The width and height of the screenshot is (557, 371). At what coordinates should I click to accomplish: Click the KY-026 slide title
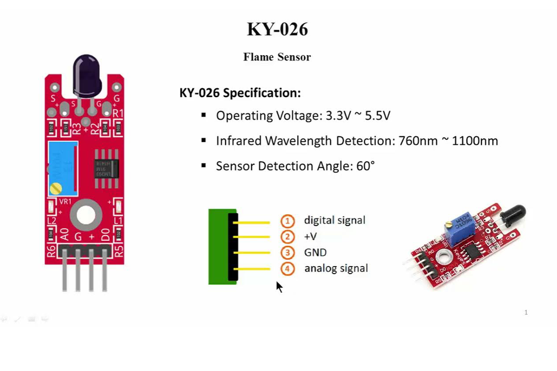pos(277,29)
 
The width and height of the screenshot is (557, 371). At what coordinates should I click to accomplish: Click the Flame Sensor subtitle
pos(277,57)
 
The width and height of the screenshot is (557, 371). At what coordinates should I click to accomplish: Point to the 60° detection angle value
pos(365,166)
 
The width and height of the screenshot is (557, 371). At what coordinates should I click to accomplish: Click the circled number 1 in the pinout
pos(287,221)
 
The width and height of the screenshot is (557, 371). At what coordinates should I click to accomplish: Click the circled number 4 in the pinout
pos(287,269)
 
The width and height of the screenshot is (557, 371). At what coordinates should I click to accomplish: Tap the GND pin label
pos(315,252)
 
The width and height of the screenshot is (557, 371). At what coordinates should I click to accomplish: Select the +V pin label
pos(310,237)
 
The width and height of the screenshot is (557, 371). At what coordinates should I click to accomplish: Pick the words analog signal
pos(336,268)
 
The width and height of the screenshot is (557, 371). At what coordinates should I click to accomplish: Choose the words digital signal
pos(335,220)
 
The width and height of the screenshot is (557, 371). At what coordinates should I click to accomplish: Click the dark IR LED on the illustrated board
pos(87,76)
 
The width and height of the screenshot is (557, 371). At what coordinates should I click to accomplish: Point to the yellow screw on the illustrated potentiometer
pos(56,188)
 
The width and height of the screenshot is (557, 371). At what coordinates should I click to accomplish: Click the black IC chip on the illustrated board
pos(107,169)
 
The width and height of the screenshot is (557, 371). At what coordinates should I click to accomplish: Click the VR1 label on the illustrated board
pos(65,202)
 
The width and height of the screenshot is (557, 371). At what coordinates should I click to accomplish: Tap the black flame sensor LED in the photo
pos(513,214)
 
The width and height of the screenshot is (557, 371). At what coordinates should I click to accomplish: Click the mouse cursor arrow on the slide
pos(279,286)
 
